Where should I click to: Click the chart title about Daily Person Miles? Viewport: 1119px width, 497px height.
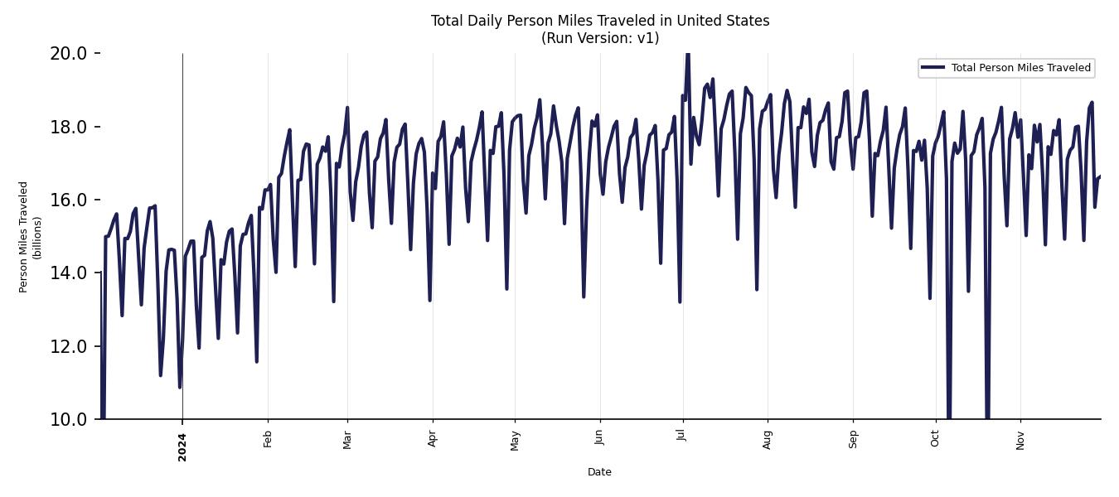[599, 21]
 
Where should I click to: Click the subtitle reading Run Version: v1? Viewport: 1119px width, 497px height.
[599, 38]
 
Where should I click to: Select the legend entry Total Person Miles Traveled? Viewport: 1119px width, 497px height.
[1020, 68]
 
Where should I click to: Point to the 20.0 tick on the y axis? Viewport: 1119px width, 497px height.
[68, 54]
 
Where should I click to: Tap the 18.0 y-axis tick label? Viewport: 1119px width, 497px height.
[68, 127]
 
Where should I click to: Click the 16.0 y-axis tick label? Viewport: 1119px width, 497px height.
[68, 200]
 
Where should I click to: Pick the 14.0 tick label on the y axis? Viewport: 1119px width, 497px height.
[68, 273]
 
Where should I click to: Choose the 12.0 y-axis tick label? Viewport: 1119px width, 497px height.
[68, 346]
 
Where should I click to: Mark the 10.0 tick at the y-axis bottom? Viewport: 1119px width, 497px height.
[68, 419]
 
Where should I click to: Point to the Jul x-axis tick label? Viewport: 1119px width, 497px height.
[681, 437]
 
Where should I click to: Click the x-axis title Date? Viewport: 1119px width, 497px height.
[599, 472]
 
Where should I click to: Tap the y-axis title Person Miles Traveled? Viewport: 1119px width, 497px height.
[23, 237]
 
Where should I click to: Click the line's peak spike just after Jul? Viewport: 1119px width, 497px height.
[687, 56]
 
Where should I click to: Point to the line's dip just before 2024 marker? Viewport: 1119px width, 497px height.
[179, 386]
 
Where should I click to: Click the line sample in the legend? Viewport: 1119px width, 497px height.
[933, 68]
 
